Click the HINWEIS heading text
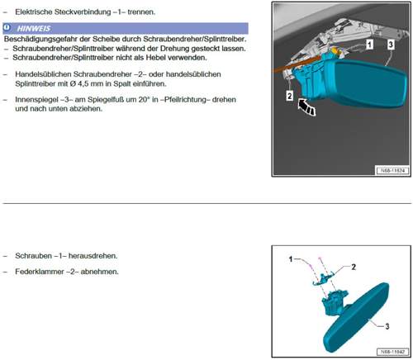coord(34,28)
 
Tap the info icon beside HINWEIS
coord(7,28)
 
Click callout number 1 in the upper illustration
coord(369,44)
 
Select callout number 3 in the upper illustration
coord(391,45)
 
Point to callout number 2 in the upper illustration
coord(289,96)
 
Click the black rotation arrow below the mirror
coord(307,107)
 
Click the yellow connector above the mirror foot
coord(336,50)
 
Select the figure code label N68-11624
coord(392,171)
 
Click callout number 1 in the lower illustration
coord(291,259)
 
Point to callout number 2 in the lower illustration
coord(354,267)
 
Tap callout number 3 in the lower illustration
coord(387,326)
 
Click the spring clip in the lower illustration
coord(323,278)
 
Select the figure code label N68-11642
coord(392,352)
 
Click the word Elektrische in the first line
coord(34,12)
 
